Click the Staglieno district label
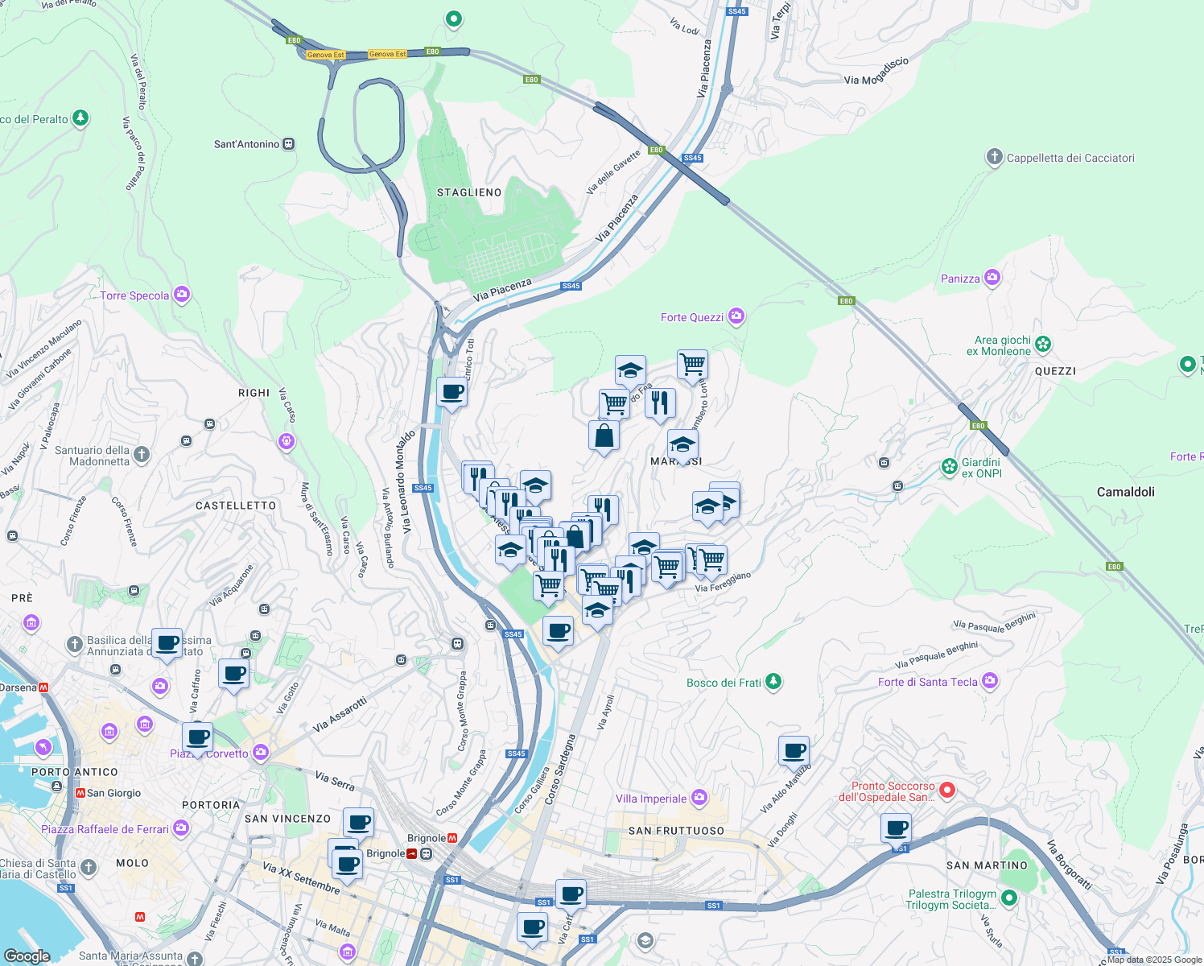pos(469,192)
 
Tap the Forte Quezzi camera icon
pos(736,316)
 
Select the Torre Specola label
pos(134,295)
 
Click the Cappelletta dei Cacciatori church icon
pos(995,157)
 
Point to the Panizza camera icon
pos(992,278)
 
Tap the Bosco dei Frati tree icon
pos(773,682)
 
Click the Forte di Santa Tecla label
pos(927,682)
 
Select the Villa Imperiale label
pos(651,799)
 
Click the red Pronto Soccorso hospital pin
pos(947,791)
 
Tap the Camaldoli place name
pos(1125,491)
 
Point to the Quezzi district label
pos(1055,371)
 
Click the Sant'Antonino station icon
pos(289,144)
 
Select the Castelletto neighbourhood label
pos(236,506)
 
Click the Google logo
pos(27,956)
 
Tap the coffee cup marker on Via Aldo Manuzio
pos(794,751)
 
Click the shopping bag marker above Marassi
pos(604,436)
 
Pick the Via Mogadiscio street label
pos(876,72)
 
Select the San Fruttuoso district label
pos(676,831)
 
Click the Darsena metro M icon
pos(43,687)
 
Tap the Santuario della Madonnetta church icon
pos(142,455)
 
